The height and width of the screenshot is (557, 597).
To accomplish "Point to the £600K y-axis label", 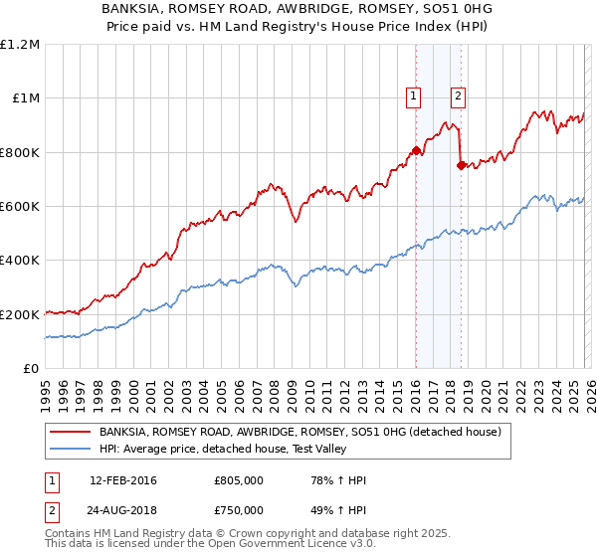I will point(19,207).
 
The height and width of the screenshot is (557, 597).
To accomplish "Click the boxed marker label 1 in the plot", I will point(413,96).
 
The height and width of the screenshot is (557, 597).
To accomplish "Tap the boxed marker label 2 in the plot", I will point(458,96).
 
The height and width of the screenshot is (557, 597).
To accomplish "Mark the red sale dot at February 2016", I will point(415,151).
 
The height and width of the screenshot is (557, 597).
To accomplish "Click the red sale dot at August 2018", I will point(460,166).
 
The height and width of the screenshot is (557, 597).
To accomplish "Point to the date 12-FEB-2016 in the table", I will point(123,480).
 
